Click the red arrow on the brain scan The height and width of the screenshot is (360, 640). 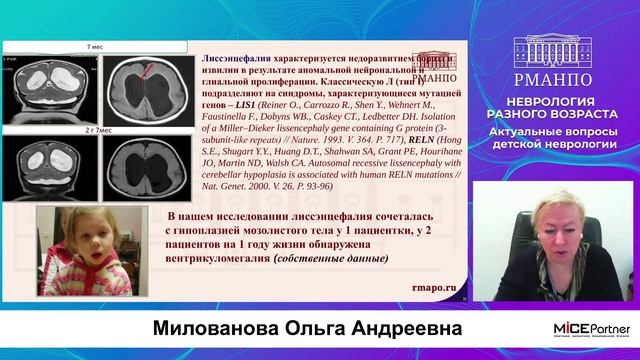[149, 72]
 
